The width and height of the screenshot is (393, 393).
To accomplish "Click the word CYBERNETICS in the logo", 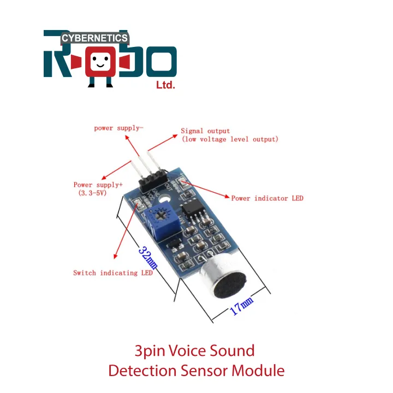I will point(94,38).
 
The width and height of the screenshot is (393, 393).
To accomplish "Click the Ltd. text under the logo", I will point(165,85).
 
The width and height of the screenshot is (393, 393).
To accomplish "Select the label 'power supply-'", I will point(119,128).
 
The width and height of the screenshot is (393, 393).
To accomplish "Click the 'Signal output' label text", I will point(205,131).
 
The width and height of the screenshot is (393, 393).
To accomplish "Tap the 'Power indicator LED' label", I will point(267,198).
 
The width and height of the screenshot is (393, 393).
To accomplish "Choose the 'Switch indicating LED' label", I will point(113,272).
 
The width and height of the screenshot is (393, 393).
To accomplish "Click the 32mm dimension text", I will point(147,257).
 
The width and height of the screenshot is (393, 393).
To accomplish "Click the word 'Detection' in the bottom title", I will point(140,371).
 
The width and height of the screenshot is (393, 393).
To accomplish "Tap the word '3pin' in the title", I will point(150,350).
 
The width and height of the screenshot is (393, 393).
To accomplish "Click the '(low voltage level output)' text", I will point(229,139).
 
